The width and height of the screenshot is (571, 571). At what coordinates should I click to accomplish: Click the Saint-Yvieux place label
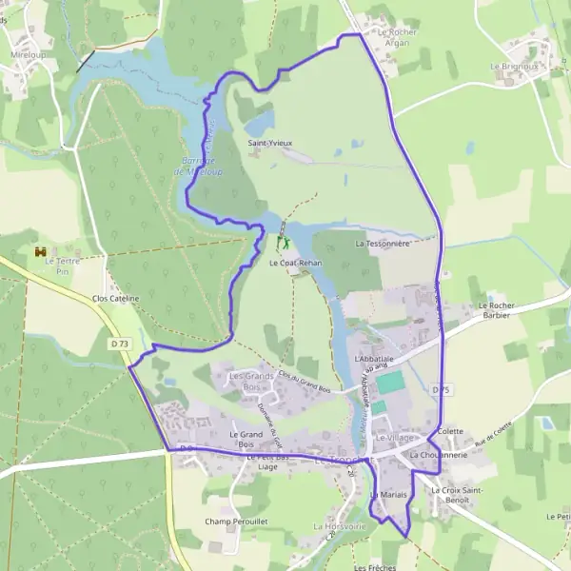270,143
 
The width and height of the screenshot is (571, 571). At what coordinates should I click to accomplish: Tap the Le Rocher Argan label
397,37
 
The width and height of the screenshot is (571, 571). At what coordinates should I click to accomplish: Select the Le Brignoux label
515,67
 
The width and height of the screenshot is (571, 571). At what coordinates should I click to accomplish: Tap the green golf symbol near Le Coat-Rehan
282,244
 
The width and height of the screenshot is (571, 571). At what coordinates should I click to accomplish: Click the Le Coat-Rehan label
296,263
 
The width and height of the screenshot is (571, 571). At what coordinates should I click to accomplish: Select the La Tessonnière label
382,244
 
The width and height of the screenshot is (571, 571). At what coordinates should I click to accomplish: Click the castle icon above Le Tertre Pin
40,252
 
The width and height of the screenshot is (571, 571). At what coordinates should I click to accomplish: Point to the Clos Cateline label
116,298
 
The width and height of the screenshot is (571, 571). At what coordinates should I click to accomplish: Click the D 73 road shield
118,344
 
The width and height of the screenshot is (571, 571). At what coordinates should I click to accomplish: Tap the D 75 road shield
440,391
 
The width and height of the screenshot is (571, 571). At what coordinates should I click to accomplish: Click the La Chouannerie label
438,455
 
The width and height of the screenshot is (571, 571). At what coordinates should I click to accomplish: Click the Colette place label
450,431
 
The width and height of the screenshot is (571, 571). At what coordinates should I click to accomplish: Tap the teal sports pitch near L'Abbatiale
390,384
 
